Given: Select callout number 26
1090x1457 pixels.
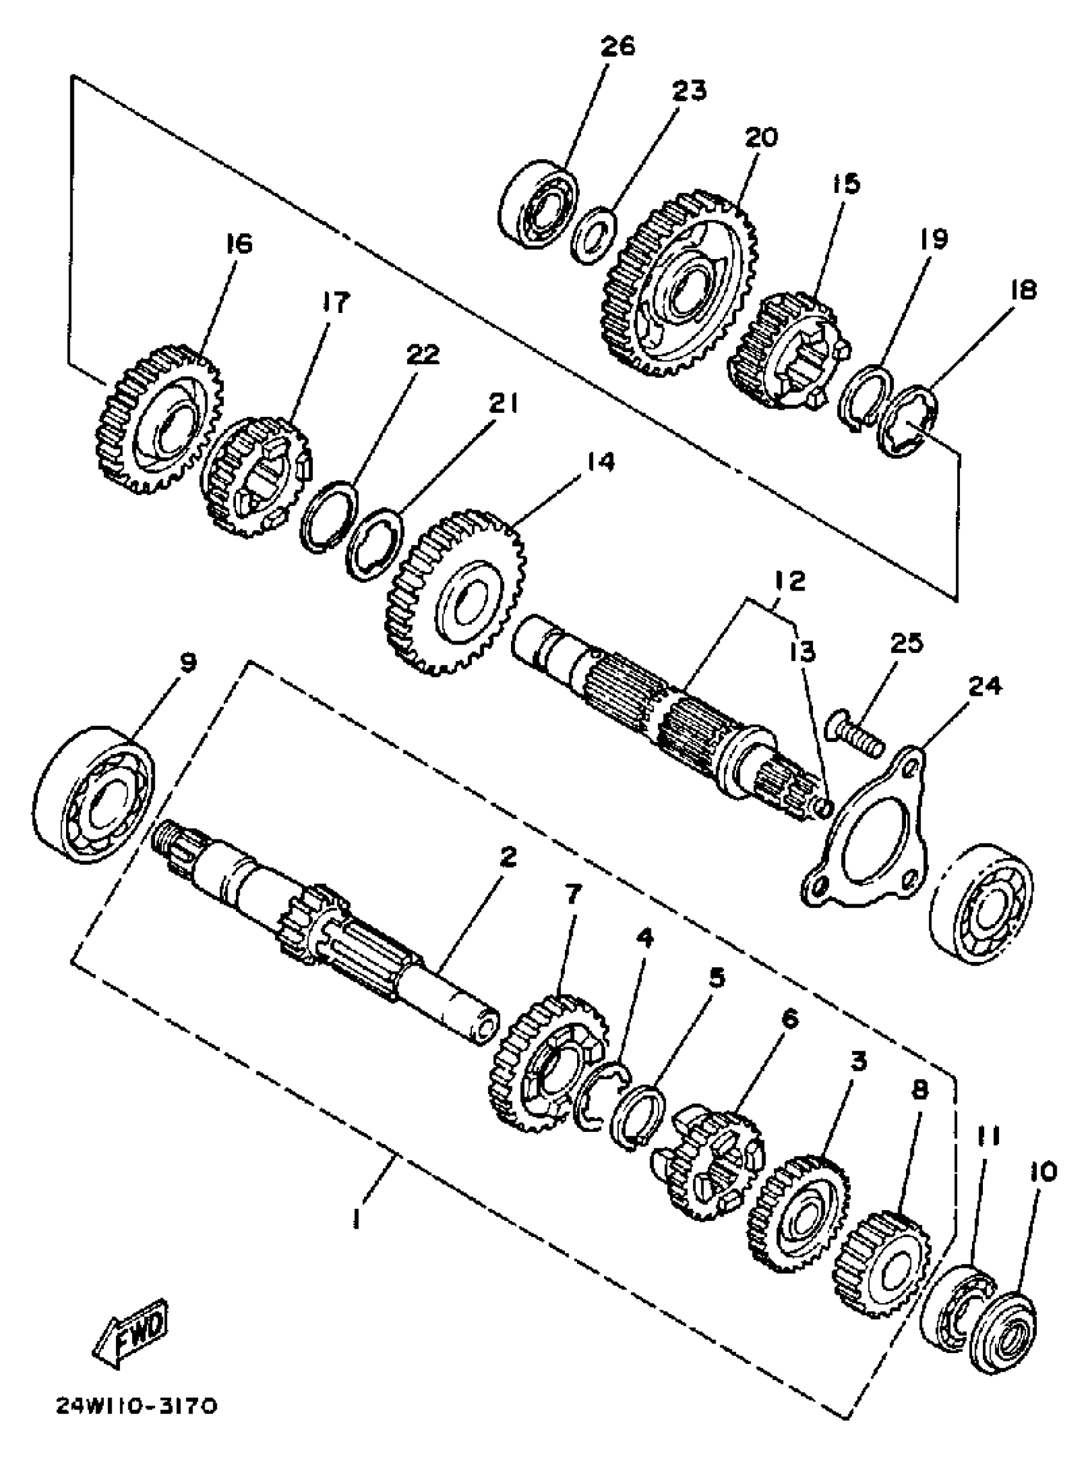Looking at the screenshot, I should click(617, 47).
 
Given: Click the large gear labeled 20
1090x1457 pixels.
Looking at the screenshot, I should click(678, 283).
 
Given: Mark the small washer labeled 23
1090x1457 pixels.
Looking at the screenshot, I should click(593, 235).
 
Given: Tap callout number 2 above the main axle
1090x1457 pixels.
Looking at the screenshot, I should click(507, 857).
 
